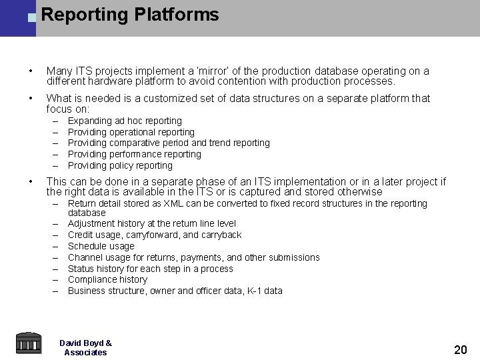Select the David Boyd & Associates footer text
[x=85, y=347]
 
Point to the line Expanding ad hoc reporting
[x=125, y=121]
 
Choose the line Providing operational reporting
[x=131, y=132]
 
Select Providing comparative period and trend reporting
[x=169, y=143]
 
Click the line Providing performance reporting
[x=134, y=154]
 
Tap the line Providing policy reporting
[x=120, y=165]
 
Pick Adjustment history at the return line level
[x=152, y=223]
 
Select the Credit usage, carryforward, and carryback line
[x=155, y=235]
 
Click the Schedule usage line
[x=101, y=246]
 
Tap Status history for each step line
[x=151, y=269]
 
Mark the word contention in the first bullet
[x=252, y=82]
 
